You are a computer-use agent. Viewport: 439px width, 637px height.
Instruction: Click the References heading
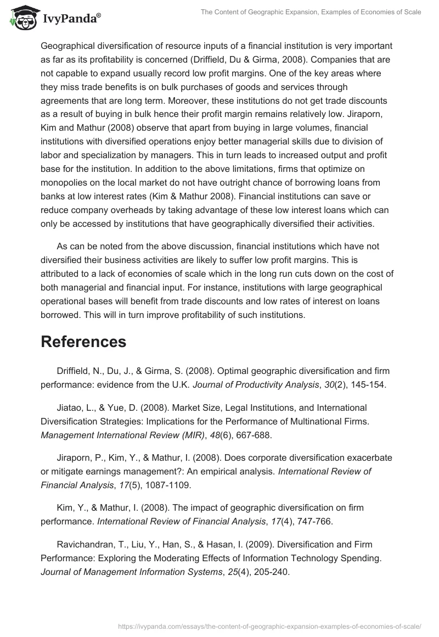(83, 342)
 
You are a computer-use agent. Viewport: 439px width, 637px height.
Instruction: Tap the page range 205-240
(269, 571)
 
